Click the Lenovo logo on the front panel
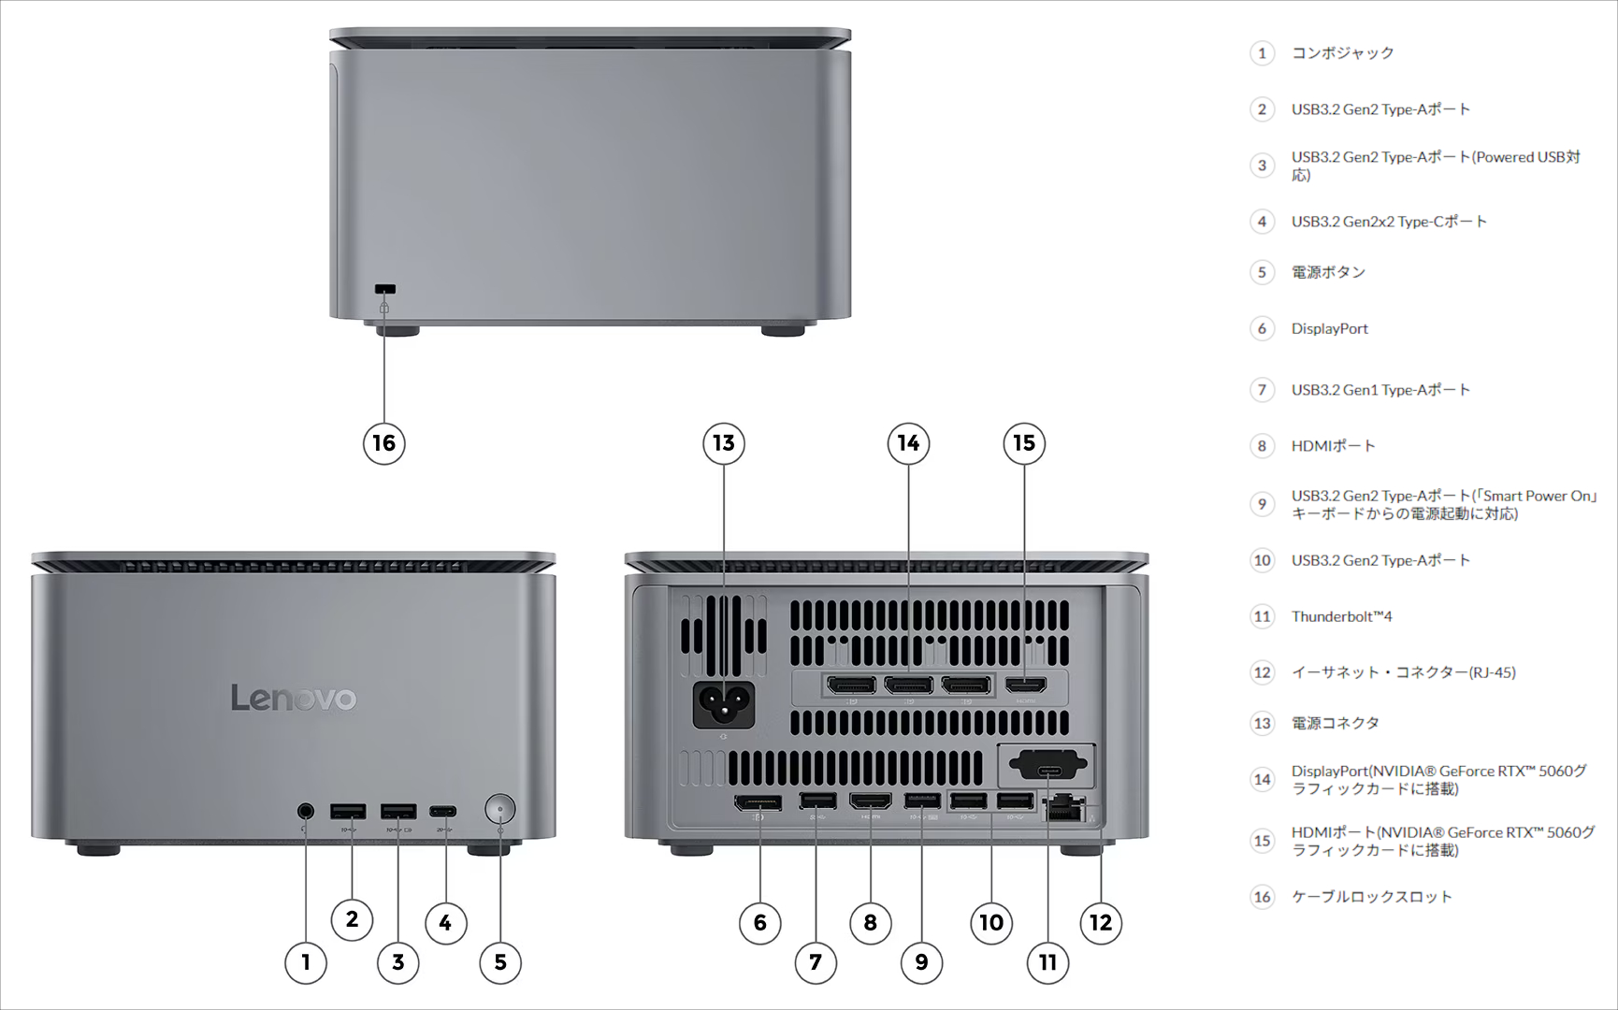(x=294, y=698)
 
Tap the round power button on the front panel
(x=500, y=808)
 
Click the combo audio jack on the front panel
(x=305, y=810)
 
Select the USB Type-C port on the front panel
(x=443, y=811)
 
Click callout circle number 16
(x=383, y=443)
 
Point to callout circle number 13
(x=723, y=443)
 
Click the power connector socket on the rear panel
(x=723, y=703)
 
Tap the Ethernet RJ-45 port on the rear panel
(x=1064, y=806)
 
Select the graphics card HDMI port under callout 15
(x=1025, y=685)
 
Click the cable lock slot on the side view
(x=384, y=289)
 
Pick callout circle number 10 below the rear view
(x=990, y=923)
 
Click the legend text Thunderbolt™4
(x=1341, y=616)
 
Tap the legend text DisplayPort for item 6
(x=1329, y=328)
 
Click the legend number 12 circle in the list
(x=1262, y=672)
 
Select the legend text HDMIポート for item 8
(x=1333, y=446)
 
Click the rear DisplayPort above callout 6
(x=758, y=802)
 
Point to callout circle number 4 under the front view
(x=445, y=923)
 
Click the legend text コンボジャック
(x=1342, y=53)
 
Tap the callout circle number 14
(x=908, y=443)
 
